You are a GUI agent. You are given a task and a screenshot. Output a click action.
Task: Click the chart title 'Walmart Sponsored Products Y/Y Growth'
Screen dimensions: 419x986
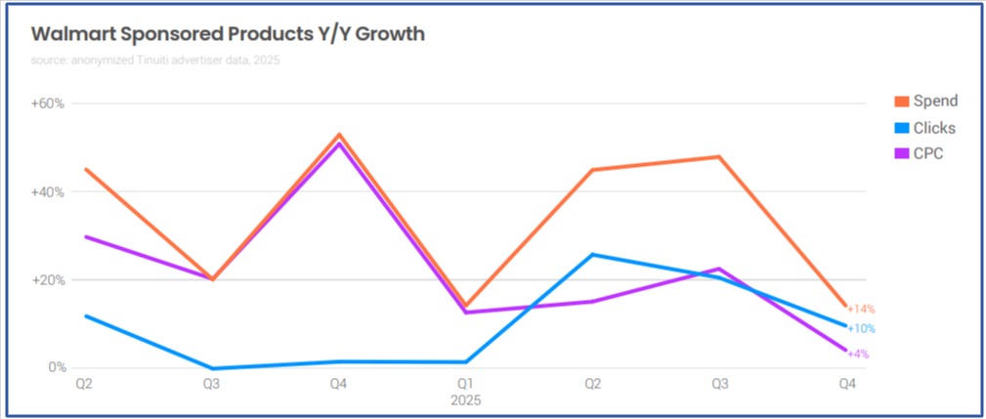228,34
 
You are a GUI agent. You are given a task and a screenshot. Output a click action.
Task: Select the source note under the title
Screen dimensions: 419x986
155,61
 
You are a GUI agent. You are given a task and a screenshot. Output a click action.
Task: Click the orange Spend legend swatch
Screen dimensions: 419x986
901,102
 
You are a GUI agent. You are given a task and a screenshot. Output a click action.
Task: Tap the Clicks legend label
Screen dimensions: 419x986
936,128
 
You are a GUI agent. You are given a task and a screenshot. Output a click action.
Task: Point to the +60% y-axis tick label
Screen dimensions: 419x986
48,104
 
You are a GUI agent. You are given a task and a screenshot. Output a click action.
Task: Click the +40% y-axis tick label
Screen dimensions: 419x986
48,192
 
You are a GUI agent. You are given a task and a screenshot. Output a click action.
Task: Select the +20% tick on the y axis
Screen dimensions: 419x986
48,280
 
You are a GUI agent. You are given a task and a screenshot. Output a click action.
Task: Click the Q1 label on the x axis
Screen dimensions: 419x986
465,385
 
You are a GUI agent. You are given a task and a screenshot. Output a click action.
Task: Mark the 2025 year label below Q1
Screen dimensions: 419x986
465,400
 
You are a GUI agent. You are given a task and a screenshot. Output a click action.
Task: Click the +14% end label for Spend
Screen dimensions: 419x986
861,310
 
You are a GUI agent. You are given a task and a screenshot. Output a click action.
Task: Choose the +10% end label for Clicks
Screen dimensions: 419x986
861,328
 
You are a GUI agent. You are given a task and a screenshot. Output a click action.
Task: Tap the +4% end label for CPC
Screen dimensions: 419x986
858,354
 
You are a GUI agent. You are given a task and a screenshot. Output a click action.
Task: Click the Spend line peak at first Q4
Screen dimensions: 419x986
338,135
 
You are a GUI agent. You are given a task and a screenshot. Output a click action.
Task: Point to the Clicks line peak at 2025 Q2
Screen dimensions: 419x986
592,255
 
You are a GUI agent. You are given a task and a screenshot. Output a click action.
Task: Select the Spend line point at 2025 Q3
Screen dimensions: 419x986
718,156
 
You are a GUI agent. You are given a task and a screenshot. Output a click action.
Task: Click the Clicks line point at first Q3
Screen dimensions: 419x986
212,368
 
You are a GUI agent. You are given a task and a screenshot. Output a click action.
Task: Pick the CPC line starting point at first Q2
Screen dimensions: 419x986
86,236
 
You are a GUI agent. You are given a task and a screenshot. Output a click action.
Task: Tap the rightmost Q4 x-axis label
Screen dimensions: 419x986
845,385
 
